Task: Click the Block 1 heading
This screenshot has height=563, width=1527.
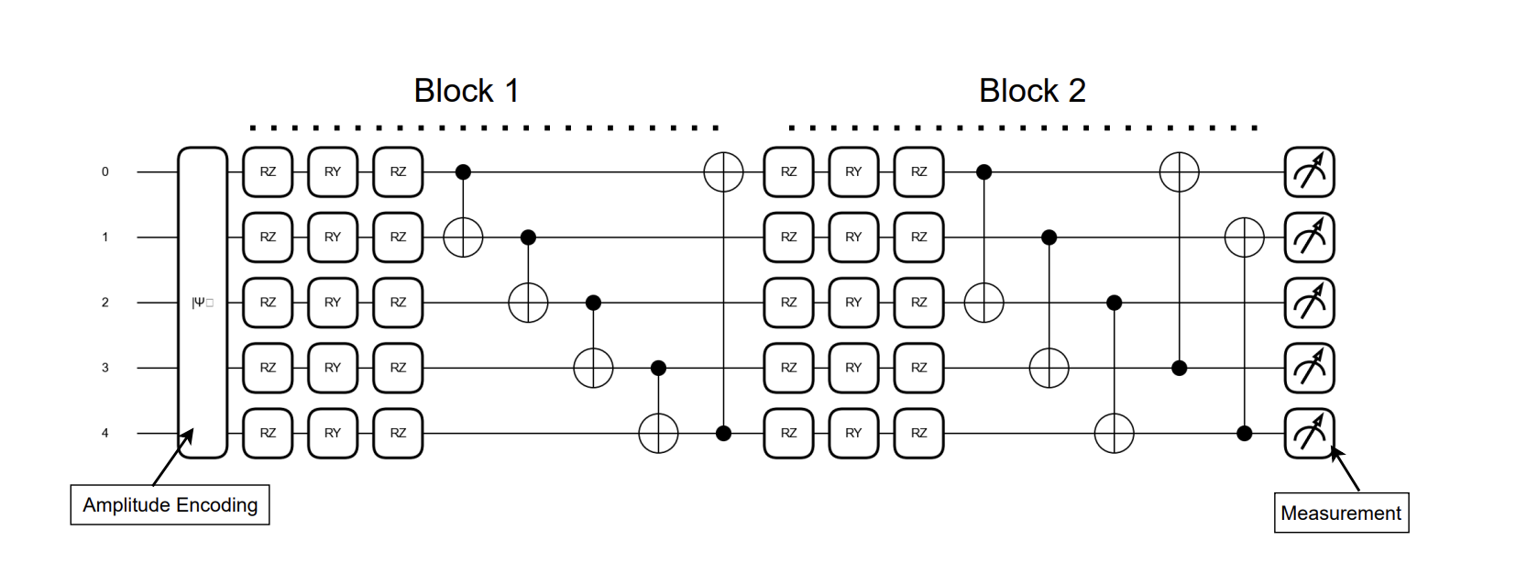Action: coord(467,91)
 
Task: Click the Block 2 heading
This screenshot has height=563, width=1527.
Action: coord(1032,91)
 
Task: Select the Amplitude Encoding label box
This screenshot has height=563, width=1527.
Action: coord(170,505)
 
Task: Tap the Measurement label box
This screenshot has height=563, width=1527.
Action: coord(1340,513)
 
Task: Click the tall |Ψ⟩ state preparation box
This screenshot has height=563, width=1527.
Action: coord(203,303)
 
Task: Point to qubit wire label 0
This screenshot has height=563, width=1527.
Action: coord(104,171)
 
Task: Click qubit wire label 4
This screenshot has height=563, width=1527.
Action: coord(104,433)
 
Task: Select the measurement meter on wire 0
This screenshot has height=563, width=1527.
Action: coord(1309,171)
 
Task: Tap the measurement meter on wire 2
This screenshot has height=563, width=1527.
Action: coord(1309,303)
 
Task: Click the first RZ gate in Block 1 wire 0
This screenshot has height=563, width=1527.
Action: coord(268,171)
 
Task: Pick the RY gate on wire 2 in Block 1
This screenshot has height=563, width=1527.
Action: coord(333,303)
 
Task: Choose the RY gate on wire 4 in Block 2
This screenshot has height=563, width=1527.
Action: coord(853,433)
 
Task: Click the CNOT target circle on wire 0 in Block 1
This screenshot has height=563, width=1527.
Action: coord(723,171)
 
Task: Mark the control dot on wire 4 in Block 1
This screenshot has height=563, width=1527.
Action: coord(723,433)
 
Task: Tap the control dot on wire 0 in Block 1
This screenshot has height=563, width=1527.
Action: coord(464,171)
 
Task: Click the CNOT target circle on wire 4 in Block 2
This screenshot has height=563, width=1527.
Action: coord(1115,433)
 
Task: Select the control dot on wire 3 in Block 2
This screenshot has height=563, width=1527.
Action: coord(1180,368)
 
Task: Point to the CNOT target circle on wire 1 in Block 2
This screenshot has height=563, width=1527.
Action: coord(1245,237)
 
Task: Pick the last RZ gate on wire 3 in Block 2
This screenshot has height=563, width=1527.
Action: coord(918,368)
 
